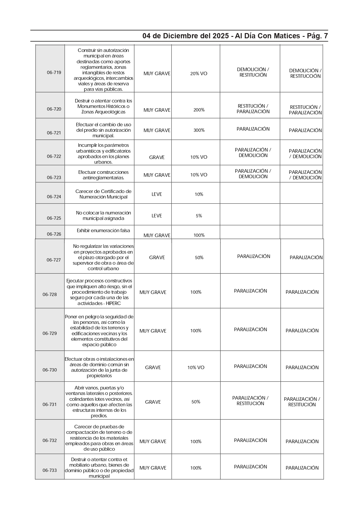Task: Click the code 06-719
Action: click(54, 73)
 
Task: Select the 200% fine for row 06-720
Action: click(199, 110)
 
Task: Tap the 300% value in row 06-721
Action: click(199, 130)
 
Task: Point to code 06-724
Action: click(54, 197)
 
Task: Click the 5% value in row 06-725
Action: click(199, 216)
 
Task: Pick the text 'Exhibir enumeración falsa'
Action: click(103, 231)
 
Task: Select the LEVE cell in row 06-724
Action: click(157, 194)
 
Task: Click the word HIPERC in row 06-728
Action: click(113, 303)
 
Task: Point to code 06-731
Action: click(50, 405)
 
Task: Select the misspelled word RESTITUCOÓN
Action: click(305, 76)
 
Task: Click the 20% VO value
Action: click(199, 74)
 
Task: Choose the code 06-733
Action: click(50, 470)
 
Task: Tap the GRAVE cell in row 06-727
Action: click(157, 258)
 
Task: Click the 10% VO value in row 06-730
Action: click(196, 368)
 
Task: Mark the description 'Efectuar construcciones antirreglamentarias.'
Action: click(103, 175)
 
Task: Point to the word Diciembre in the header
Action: click(179, 36)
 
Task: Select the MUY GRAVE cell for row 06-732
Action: click(153, 442)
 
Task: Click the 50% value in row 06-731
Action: click(196, 402)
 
